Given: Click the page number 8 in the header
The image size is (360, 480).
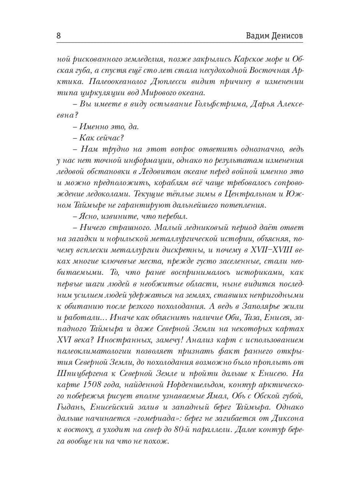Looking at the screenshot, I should (58, 36).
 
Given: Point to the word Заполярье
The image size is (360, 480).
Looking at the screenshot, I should (254, 306).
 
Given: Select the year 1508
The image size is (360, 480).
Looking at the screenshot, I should (87, 385).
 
